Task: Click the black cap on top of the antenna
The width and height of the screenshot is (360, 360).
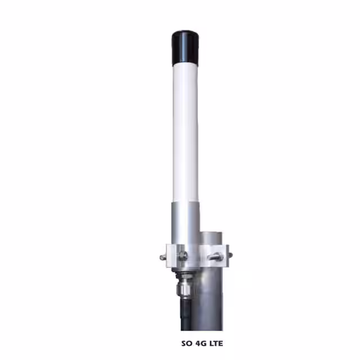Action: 186,47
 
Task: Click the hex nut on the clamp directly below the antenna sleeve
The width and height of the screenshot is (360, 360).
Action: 183,255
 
